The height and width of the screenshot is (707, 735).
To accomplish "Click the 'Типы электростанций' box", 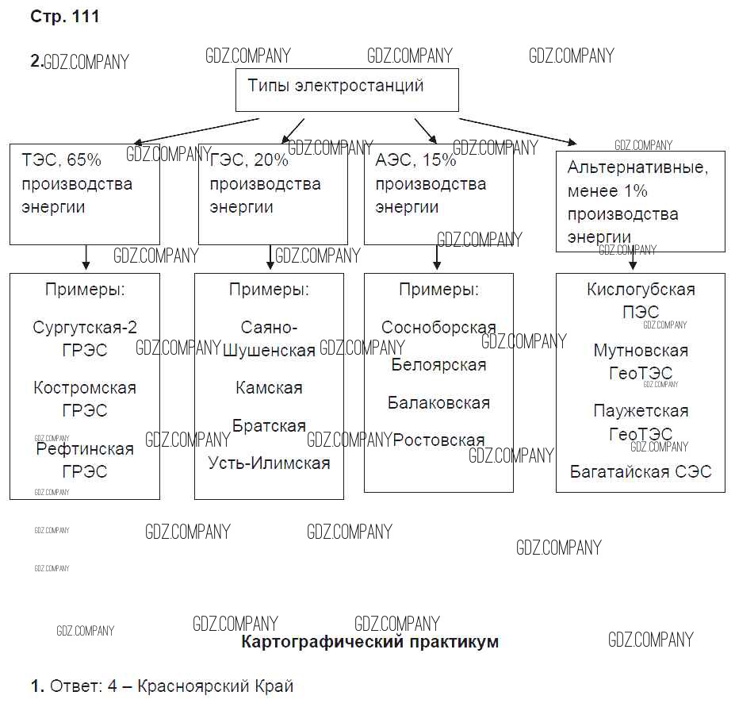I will (x=347, y=89).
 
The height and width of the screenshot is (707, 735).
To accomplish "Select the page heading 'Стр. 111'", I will (x=65, y=17).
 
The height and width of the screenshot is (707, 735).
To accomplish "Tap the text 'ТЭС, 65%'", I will (x=63, y=160).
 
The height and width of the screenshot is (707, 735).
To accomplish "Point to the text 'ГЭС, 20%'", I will (x=250, y=160).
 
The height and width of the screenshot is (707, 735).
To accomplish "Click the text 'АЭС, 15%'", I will (x=416, y=160).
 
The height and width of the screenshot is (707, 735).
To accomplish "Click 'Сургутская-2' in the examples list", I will (x=85, y=328).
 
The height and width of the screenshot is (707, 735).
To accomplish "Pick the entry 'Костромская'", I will (x=85, y=388).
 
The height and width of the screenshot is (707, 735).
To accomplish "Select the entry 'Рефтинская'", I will (x=85, y=449).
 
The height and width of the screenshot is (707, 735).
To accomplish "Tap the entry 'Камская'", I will (x=269, y=388).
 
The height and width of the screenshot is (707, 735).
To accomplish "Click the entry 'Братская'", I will (x=269, y=426).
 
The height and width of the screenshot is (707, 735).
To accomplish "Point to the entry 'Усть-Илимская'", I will (x=269, y=463).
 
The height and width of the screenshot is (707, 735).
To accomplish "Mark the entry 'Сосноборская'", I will (x=438, y=328).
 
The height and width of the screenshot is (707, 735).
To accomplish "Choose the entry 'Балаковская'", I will (x=438, y=403).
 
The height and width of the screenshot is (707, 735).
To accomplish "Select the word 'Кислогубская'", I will (x=641, y=290).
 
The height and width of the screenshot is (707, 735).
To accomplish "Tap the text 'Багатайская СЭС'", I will (x=641, y=472).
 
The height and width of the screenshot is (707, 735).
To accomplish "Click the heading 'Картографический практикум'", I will (x=369, y=642).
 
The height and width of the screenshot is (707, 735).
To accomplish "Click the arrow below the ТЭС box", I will (x=86, y=258).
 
